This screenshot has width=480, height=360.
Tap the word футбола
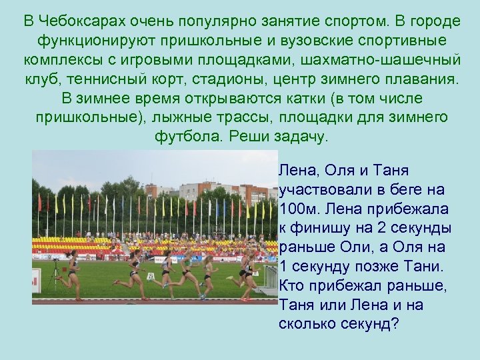pyautogui.click(x=187, y=137)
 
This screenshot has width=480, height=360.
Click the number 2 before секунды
pyautogui.click(x=384, y=228)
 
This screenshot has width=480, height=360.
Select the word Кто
pyautogui.click(x=293, y=286)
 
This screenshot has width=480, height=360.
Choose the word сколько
pyautogui.click(x=308, y=324)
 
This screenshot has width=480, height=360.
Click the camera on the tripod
pyautogui.click(x=55, y=261)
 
